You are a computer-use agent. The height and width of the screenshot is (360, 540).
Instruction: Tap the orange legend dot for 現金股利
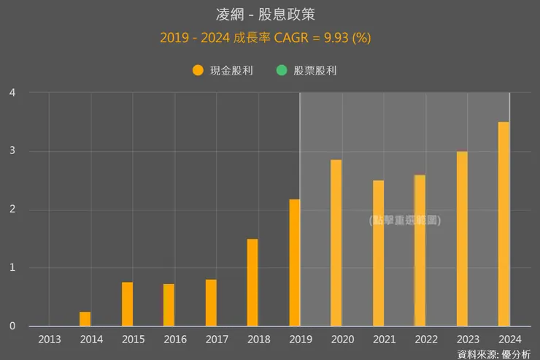point(198,71)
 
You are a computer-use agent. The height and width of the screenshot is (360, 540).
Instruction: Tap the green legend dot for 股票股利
point(282,71)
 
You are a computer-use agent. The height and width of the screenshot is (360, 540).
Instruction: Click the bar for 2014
point(85,319)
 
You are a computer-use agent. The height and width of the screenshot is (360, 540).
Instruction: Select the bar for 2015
point(127,304)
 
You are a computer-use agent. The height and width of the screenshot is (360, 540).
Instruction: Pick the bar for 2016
point(169,305)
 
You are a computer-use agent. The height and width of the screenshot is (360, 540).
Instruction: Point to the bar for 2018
point(252,283)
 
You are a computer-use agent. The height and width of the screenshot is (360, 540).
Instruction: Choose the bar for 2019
point(294,263)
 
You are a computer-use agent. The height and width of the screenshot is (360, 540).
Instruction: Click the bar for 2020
point(336,242)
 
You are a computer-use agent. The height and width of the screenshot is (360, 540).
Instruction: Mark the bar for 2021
point(378,253)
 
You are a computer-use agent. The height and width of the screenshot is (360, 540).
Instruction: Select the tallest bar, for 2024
point(504,223)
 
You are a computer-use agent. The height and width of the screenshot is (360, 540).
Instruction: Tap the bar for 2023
point(462,238)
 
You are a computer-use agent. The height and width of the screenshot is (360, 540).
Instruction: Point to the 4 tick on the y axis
point(12,93)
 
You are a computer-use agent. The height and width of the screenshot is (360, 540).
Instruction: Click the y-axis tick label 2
point(12,210)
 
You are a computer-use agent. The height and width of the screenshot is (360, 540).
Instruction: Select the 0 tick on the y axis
point(12,326)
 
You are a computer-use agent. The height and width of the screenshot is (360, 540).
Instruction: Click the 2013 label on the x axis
point(50,340)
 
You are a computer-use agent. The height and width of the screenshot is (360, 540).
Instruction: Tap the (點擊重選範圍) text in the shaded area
point(405,220)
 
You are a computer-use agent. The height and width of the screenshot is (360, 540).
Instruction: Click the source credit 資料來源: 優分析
point(494,354)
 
